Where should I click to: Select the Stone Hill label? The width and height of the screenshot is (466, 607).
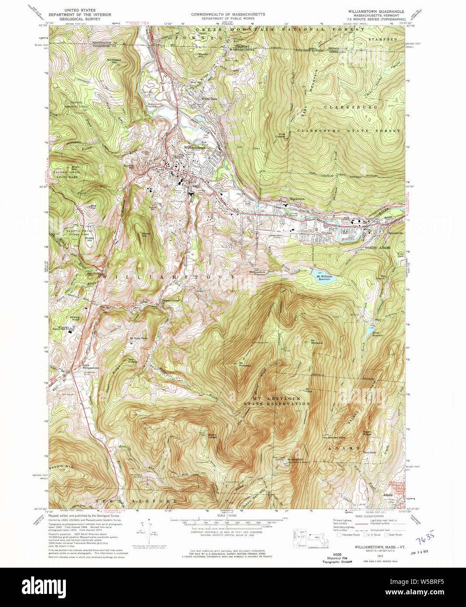click(146, 235)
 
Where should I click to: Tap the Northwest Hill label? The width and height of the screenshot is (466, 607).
click(114, 61)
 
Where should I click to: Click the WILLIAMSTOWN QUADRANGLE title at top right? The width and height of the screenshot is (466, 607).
click(376, 11)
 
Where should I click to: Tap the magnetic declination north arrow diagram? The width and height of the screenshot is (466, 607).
click(147, 532)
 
